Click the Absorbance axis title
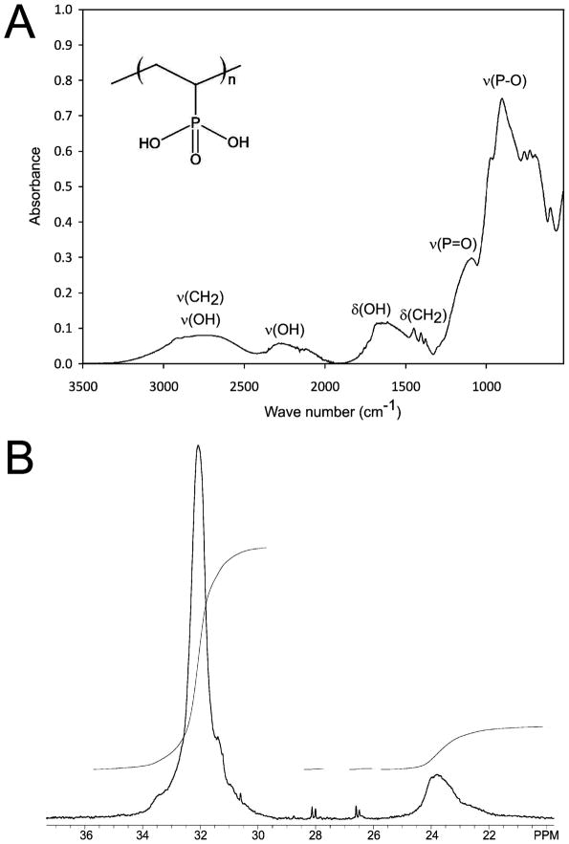coord(34,186)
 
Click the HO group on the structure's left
coord(150,142)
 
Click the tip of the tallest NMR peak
coord(198,445)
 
